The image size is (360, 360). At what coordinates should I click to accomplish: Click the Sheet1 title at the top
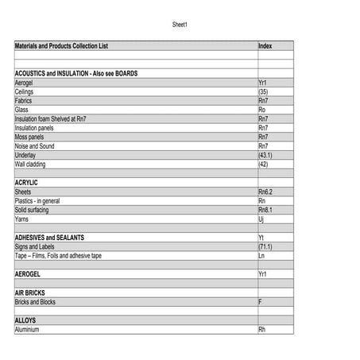click(x=180, y=25)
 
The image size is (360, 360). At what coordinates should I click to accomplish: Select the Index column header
click(x=265, y=46)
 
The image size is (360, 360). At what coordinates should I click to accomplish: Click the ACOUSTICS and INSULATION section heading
click(x=76, y=73)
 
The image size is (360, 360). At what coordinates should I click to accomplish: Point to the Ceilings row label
click(x=24, y=91)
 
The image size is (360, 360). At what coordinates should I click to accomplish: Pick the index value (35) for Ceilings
click(x=263, y=91)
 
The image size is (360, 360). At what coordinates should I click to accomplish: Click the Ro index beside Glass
click(x=262, y=110)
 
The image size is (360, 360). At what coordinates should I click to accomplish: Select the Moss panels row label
click(x=29, y=137)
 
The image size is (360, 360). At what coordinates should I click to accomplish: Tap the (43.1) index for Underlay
click(x=265, y=155)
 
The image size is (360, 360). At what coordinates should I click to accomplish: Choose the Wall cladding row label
click(x=30, y=165)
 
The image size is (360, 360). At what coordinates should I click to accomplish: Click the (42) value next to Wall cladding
click(x=263, y=165)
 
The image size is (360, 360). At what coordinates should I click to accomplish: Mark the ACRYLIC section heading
click(x=26, y=183)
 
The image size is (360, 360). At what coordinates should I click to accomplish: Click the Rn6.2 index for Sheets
click(x=265, y=192)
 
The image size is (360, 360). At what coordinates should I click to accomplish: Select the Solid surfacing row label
click(x=32, y=210)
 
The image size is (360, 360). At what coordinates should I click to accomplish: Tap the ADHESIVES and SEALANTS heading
click(x=49, y=238)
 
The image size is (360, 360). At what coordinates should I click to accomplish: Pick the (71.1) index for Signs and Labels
click(x=265, y=247)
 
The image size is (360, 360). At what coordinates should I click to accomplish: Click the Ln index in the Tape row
click(x=261, y=256)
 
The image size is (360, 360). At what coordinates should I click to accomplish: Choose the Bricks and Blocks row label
click(x=35, y=302)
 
